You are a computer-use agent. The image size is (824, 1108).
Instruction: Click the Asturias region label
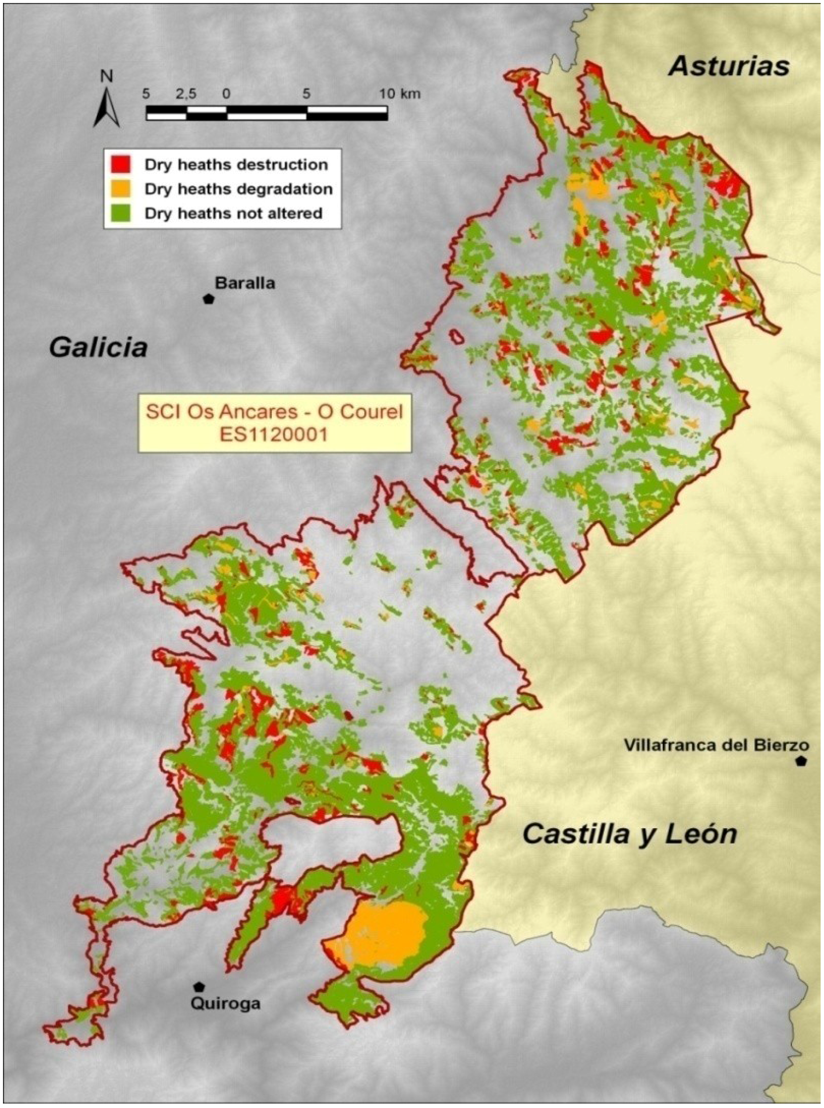pos(729,66)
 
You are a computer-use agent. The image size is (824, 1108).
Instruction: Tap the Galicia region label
pos(98,347)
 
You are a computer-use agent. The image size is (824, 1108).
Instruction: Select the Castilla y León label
pos(629,834)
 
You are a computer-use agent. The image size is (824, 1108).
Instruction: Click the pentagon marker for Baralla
pos(208,299)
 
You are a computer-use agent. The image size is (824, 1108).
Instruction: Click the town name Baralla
pos(245,283)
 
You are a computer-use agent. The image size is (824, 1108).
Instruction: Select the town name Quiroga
pos(226,1003)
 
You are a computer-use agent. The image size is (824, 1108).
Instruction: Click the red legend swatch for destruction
pos(120,164)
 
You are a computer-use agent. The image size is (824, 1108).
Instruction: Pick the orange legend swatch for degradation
pos(120,188)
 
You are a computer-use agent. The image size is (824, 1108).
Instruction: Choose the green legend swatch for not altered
pos(120,213)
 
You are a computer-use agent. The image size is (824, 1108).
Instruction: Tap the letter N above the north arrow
pos(107,76)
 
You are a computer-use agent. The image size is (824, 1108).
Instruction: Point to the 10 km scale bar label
pos(399,93)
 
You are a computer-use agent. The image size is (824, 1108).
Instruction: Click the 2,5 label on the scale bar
pos(186,93)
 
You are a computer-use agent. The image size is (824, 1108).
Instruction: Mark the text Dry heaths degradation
pos(239,189)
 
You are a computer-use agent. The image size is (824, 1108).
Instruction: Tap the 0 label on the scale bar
pos(227,93)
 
